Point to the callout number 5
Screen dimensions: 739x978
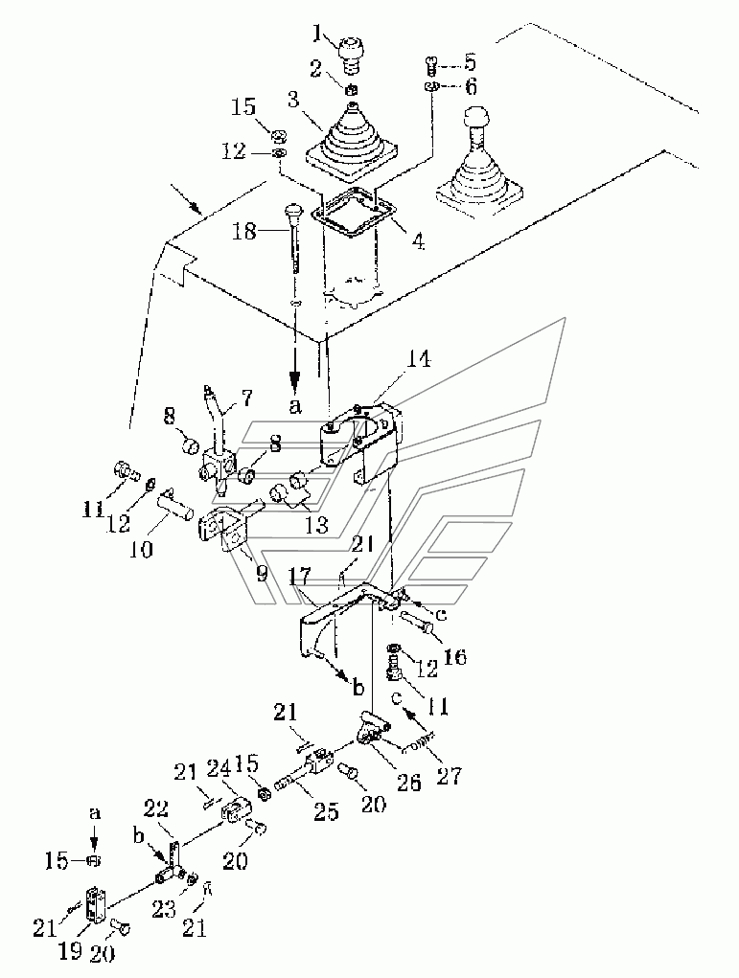point(470,62)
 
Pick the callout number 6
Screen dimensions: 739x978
point(470,86)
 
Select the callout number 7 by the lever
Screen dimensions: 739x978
point(246,396)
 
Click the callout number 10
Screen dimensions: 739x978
point(142,549)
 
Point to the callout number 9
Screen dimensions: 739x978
point(262,574)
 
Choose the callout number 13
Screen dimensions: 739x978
point(316,525)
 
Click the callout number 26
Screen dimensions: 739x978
point(409,782)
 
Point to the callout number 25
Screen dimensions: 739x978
point(326,810)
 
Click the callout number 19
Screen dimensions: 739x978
point(70,950)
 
